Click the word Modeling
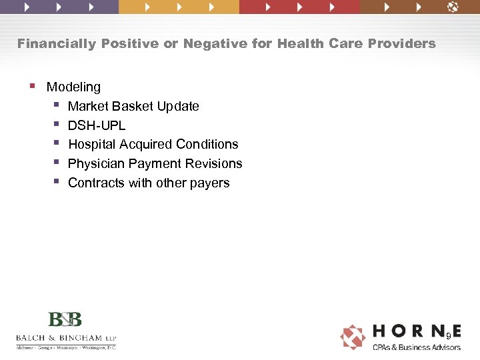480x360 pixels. click(x=73, y=87)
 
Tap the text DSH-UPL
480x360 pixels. click(x=97, y=125)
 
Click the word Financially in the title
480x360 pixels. click(x=57, y=44)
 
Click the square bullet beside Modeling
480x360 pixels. click(x=32, y=86)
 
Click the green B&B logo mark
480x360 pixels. click(x=65, y=319)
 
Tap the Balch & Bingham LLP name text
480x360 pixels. click(x=65, y=337)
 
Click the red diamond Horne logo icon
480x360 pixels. click(x=353, y=337)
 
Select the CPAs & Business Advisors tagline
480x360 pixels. click(x=416, y=347)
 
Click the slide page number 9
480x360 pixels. click(x=449, y=335)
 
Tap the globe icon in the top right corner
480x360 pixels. click(x=453, y=7)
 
